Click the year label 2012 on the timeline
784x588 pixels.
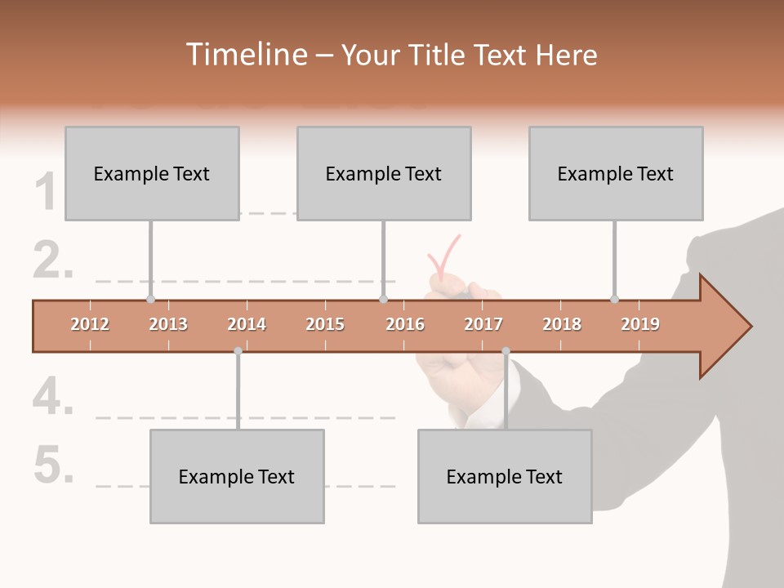point(90,324)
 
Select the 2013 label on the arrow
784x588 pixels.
point(168,324)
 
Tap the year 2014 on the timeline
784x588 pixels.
point(247,324)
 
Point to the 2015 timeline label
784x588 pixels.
point(325,324)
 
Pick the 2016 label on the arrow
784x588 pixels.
point(405,324)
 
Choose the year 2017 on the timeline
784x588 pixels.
point(483,324)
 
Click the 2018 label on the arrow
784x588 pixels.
point(562,324)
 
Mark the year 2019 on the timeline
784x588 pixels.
point(640,324)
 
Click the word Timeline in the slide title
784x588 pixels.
point(244,55)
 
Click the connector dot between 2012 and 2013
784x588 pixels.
point(150,299)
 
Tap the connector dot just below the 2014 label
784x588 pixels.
point(238,351)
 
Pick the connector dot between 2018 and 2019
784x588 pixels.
point(614,299)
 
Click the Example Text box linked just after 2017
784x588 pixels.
point(505,476)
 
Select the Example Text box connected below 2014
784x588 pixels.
point(237,476)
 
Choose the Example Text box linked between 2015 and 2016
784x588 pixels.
point(384,173)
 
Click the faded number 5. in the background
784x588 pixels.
point(54,465)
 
